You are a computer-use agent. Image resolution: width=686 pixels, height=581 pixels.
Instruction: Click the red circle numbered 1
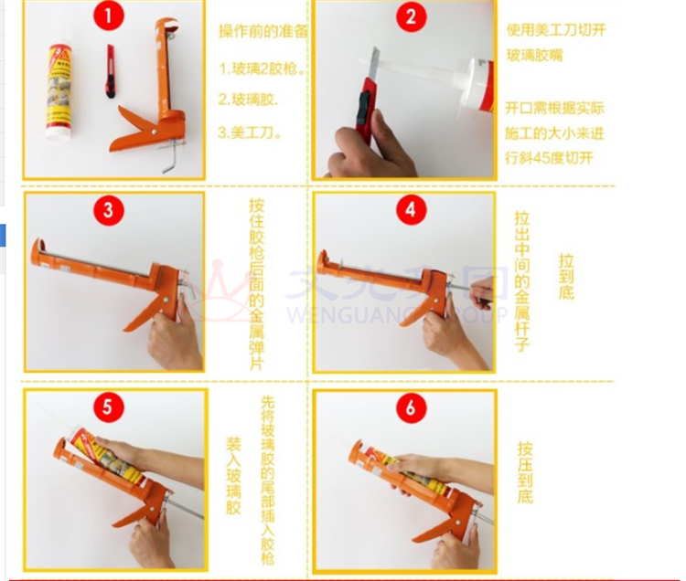pyautogui.click(x=108, y=16)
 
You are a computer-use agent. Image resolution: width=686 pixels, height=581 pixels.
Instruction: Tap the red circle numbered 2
pyautogui.click(x=411, y=16)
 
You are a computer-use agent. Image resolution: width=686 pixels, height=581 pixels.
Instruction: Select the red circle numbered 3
pyautogui.click(x=108, y=210)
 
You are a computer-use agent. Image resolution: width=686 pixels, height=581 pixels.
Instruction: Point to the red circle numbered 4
pyautogui.click(x=411, y=210)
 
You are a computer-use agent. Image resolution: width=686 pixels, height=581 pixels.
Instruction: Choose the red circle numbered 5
pyautogui.click(x=108, y=407)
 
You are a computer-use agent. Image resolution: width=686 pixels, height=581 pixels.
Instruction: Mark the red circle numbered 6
pyautogui.click(x=411, y=408)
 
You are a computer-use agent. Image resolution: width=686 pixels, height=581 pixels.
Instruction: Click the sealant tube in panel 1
pyautogui.click(x=60, y=92)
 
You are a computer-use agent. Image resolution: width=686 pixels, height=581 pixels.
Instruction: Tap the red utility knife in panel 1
pyautogui.click(x=111, y=70)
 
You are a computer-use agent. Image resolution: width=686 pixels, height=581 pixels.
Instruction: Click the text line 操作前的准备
pyautogui.click(x=263, y=31)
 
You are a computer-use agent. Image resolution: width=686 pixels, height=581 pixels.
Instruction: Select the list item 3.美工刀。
pyautogui.click(x=250, y=132)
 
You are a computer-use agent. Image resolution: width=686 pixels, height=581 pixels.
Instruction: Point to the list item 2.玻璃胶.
pyautogui.click(x=248, y=100)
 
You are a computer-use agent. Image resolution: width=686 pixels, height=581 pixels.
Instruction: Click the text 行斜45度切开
pyautogui.click(x=549, y=158)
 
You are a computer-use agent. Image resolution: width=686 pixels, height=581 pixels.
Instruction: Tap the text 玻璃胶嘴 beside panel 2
pyautogui.click(x=534, y=56)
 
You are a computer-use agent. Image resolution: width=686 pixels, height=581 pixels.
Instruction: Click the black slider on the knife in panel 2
pyautogui.click(x=363, y=107)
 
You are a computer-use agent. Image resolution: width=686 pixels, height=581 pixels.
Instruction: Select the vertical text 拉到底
pyautogui.click(x=566, y=276)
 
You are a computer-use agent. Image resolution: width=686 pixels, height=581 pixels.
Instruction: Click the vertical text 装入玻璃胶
pyautogui.click(x=233, y=475)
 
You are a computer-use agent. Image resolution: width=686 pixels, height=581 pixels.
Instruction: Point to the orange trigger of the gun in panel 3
pyautogui.click(x=142, y=315)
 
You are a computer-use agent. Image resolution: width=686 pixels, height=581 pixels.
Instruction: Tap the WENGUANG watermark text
pyautogui.click(x=397, y=313)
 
